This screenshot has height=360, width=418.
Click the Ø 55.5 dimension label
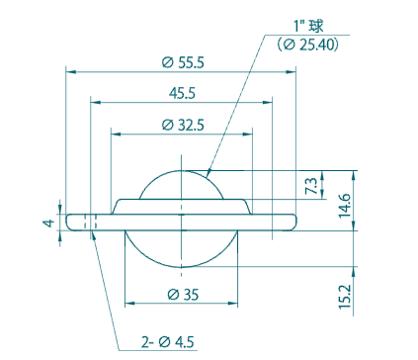(x=182, y=62)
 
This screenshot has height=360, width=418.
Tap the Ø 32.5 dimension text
(x=182, y=125)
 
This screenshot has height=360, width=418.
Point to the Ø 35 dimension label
(x=182, y=295)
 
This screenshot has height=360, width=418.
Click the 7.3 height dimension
(x=311, y=185)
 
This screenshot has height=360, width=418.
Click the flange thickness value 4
(x=46, y=223)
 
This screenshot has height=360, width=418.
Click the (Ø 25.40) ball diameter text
(x=308, y=45)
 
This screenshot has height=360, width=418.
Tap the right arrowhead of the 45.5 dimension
(x=270, y=101)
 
